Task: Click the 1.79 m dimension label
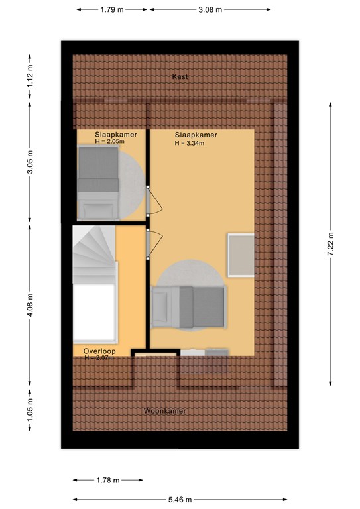click(112, 9)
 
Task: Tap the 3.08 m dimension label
click(210, 9)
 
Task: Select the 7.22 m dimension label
click(330, 244)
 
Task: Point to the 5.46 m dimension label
click(180, 500)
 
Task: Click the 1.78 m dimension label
click(108, 480)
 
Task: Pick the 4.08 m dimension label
click(30, 306)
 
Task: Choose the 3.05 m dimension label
click(30, 162)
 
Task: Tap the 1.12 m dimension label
click(30, 77)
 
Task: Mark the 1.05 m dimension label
click(30, 410)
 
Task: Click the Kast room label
click(180, 77)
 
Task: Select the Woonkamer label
click(165, 411)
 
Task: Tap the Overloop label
click(99, 351)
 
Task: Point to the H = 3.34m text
click(190, 143)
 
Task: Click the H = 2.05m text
click(109, 142)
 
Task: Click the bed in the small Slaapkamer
click(98, 182)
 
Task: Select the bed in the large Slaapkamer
click(189, 307)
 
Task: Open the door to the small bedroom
click(154, 201)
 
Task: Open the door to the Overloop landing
click(154, 244)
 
